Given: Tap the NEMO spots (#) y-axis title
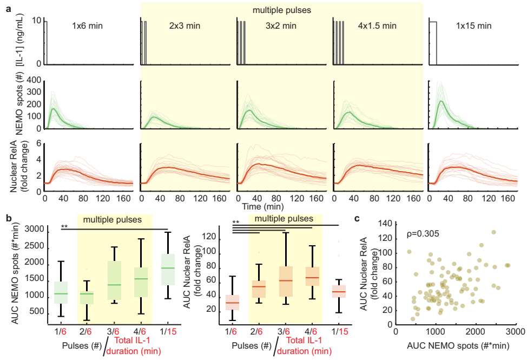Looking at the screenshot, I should (x=19, y=106).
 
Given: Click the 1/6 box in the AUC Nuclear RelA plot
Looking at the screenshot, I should (x=233, y=302).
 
